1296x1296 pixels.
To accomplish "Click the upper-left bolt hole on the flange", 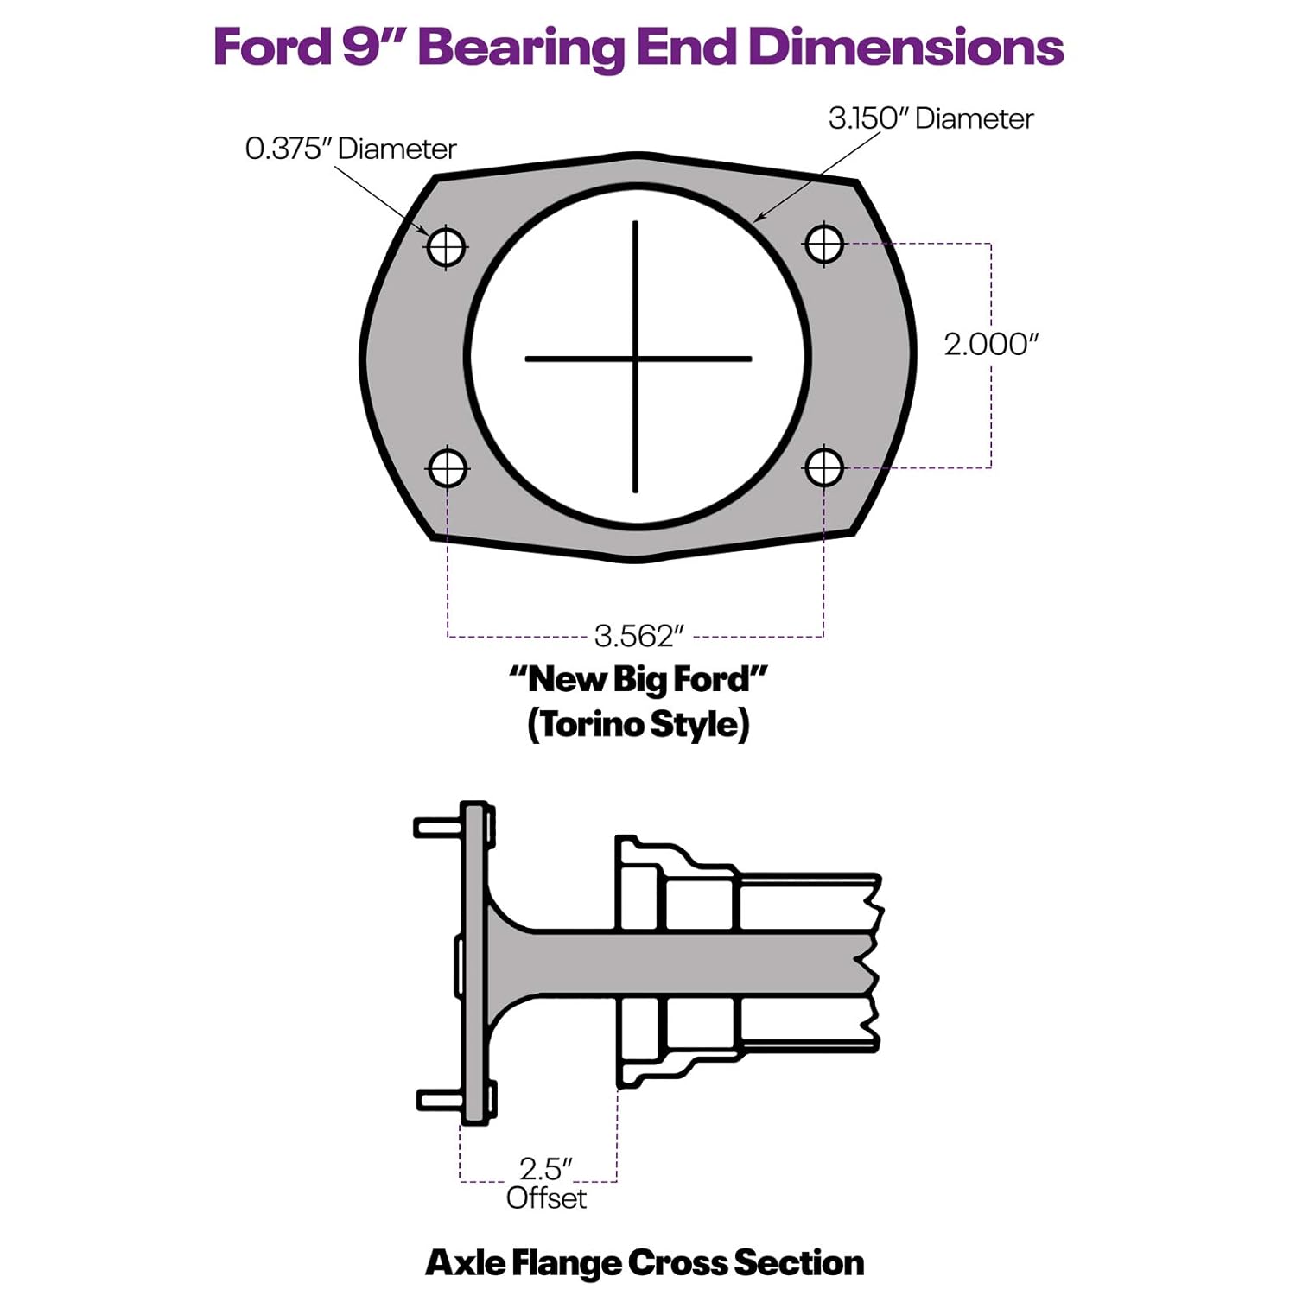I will click(446, 247).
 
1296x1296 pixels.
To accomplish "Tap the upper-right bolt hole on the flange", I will click(824, 244).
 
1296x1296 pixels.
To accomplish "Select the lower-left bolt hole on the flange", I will click(448, 469).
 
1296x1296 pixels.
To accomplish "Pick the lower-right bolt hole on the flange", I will click(824, 467).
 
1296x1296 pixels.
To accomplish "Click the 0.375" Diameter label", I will click(350, 149).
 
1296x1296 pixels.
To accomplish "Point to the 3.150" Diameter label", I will click(931, 118).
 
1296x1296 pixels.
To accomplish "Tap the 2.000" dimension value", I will click(990, 344).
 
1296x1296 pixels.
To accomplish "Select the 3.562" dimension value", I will click(638, 637).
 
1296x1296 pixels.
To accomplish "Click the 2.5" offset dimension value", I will click(545, 1169).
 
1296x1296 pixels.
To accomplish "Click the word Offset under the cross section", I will click(546, 1198).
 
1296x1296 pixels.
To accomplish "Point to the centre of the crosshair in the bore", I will click(636, 358).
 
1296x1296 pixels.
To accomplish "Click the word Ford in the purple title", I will click(272, 47).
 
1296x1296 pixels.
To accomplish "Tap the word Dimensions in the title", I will click(906, 47).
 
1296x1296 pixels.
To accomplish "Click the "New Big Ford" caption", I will click(638, 680).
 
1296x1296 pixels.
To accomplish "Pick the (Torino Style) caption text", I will click(638, 724).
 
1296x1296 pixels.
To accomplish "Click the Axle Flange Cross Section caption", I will click(645, 1262).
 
